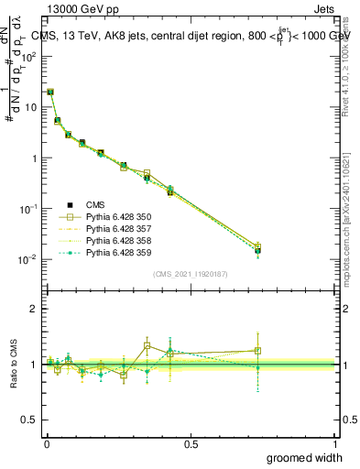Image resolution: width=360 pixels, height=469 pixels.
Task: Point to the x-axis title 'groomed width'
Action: (x=304, y=457)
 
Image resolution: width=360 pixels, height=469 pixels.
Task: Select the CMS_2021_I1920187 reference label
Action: (x=191, y=273)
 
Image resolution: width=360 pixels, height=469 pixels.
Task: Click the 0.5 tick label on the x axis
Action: (x=191, y=444)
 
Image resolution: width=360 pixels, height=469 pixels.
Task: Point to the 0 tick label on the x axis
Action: (x=47, y=444)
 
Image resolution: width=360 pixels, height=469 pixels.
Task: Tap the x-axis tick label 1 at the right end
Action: (x=335, y=444)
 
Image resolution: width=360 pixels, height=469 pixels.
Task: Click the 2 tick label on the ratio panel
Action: (x=34, y=309)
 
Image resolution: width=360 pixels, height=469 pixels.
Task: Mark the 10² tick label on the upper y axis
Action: (x=28, y=56)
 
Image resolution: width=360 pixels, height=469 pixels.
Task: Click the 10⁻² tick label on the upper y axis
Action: (x=28, y=259)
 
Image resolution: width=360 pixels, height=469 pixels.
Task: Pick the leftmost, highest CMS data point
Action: (x=50, y=92)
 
